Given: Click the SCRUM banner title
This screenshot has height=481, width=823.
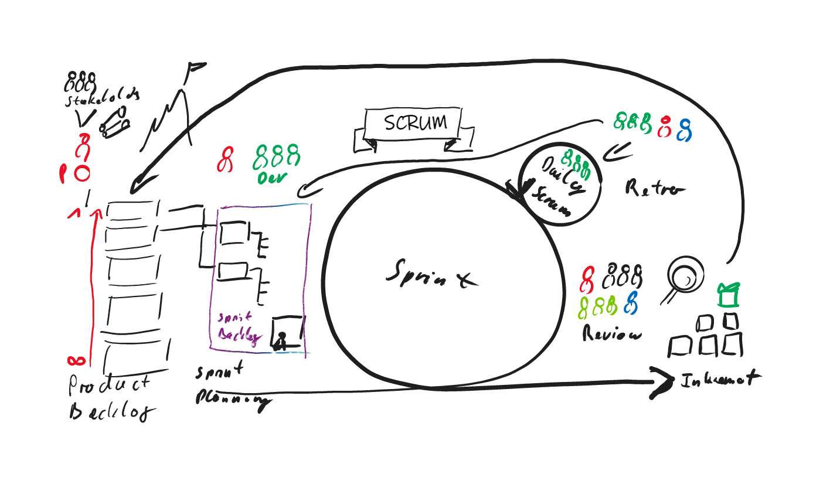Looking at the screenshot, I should point(415,123).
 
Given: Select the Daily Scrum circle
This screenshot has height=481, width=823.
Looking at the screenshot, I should point(560,183).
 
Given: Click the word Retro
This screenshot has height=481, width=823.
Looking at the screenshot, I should point(654,189).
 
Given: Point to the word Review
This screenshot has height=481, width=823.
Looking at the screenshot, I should point(611,334).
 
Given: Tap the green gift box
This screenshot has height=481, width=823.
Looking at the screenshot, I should point(729,295).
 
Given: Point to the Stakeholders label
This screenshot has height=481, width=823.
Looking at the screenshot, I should point(102,98).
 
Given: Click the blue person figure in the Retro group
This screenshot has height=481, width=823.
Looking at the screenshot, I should point(683,129).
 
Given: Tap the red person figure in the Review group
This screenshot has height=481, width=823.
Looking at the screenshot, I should point(587,279).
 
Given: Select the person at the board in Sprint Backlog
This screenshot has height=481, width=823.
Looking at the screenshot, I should point(281,340).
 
